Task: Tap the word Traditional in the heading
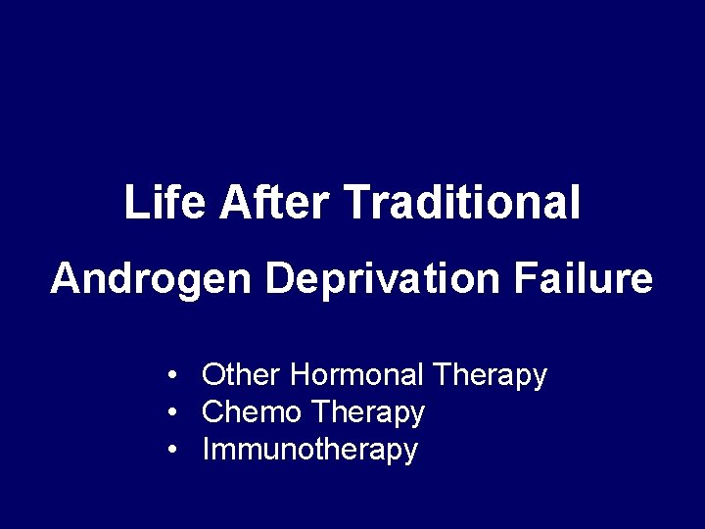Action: pos(463,203)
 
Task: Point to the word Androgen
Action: pos(151,280)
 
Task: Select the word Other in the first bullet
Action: pos(242,374)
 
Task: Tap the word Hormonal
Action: pos(357,374)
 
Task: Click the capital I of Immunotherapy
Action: pos(206,451)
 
